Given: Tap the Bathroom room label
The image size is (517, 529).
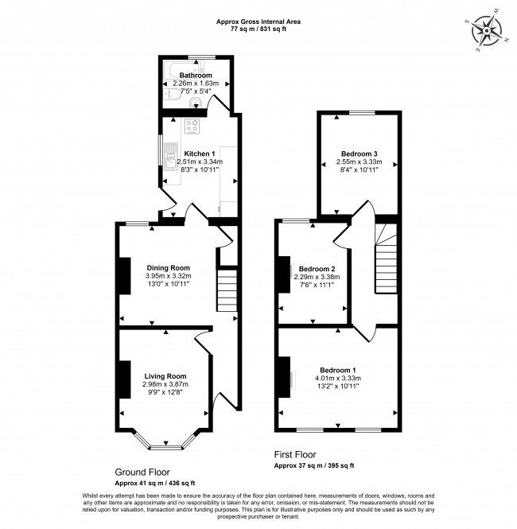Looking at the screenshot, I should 195,76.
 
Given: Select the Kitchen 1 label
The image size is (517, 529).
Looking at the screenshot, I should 200,154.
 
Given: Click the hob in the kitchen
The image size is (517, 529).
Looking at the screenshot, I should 192,126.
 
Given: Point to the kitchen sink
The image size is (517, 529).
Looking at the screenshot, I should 170,154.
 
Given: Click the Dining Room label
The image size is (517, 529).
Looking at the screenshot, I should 168,267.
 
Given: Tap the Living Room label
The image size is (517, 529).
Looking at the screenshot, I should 165,376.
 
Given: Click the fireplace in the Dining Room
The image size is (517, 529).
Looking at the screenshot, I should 124,275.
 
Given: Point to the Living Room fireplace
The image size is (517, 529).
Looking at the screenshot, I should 124,379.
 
